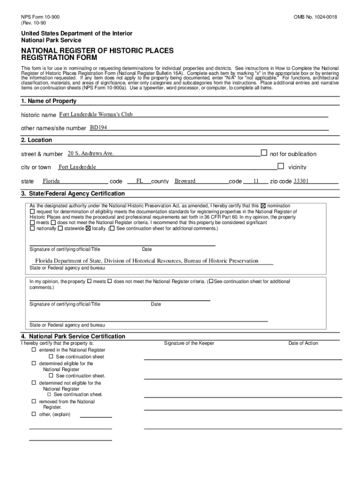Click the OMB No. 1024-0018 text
(315, 17)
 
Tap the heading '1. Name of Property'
(49, 101)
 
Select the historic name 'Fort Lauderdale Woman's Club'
(96, 114)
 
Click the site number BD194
(99, 127)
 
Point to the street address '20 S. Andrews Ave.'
(91, 153)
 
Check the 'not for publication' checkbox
(264, 152)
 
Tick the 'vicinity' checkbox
(281, 166)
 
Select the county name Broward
(185, 181)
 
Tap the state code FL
(139, 181)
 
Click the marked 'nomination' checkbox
(263, 206)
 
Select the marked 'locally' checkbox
(88, 229)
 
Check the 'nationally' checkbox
(32, 229)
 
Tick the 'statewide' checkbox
(60, 229)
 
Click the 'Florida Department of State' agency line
(147, 261)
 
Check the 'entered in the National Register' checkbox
(34, 350)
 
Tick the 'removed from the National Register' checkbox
(34, 401)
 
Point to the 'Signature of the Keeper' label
(189, 343)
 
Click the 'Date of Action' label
(303, 343)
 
